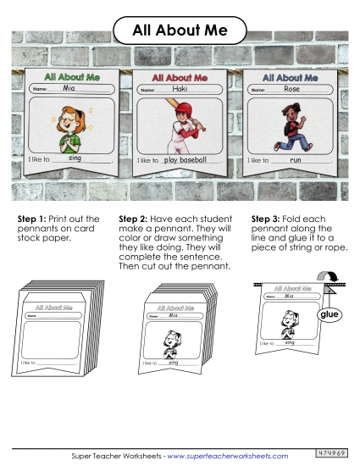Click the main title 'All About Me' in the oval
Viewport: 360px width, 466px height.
180,31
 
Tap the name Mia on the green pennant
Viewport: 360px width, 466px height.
69,87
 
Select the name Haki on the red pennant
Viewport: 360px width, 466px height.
180,89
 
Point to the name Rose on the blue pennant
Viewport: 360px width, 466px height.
291,89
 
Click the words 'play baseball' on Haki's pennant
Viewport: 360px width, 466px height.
185,160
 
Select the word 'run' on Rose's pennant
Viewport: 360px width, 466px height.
296,160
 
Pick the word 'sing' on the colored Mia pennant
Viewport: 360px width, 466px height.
75,158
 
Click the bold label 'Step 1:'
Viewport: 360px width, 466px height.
32,219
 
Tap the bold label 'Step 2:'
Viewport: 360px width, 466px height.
133,219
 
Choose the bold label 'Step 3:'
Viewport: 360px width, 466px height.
265,219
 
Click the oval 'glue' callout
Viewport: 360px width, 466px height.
330,314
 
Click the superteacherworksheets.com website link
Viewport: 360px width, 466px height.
228,456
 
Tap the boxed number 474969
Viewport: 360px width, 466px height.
331,453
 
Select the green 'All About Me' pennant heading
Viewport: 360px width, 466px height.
72,77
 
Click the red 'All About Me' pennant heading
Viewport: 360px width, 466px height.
180,78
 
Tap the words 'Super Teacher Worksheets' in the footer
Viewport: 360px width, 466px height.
116,456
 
